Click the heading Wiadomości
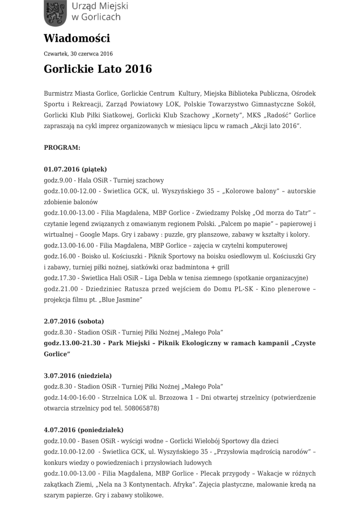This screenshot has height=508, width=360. pyautogui.click(x=77, y=38)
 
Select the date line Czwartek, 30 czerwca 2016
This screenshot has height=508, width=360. pyautogui.click(x=78, y=54)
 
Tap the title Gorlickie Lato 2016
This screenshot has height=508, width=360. pyautogui.click(x=98, y=68)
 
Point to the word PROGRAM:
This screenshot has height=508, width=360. pyautogui.click(x=62, y=148)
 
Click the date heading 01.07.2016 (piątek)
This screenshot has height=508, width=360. pyautogui.click(x=75, y=169)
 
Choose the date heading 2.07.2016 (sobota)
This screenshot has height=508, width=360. pyautogui.click(x=73, y=321)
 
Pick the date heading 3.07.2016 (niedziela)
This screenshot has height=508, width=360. pyautogui.click(x=77, y=376)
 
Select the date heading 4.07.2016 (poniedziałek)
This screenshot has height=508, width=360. pyautogui.click(x=83, y=430)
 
